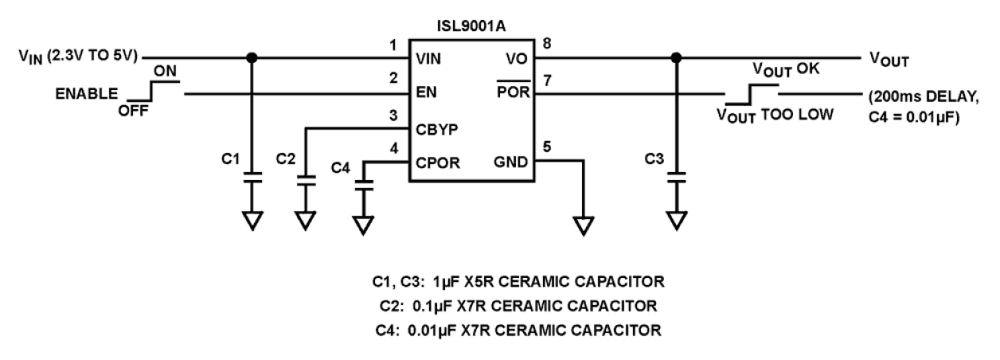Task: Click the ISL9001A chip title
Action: [x=471, y=27]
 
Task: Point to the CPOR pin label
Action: [x=435, y=162]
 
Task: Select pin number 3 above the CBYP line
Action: [x=392, y=114]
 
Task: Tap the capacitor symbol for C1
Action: [x=252, y=178]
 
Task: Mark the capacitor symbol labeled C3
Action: [x=677, y=178]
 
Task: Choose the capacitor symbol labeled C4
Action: [x=364, y=185]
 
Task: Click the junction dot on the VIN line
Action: [x=252, y=57]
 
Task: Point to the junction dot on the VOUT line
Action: [x=677, y=57]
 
